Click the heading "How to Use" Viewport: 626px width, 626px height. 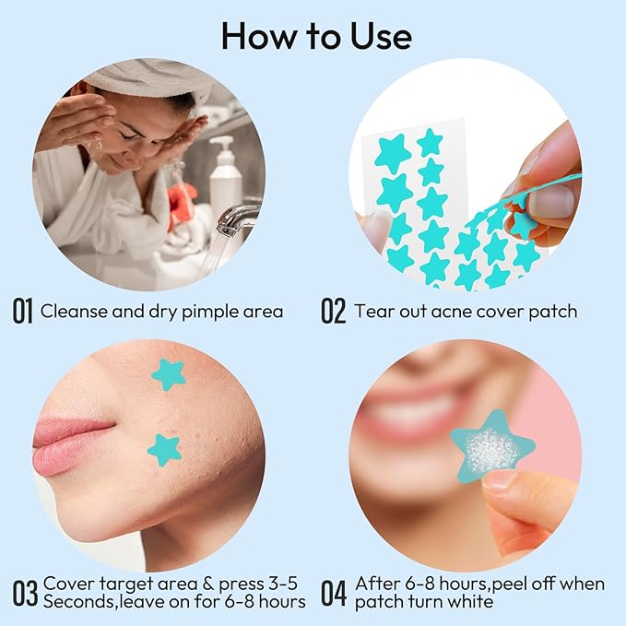pos(315,36)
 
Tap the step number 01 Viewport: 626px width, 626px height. pos(23,311)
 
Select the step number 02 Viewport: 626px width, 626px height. pos(333,311)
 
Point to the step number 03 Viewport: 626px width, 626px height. pos(24,592)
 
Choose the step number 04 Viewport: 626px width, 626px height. pos(333,592)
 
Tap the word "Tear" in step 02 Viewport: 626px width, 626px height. pos(373,311)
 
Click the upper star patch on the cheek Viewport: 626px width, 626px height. pos(169,374)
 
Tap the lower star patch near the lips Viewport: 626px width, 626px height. pos(163,450)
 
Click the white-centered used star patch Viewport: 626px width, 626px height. pos(491,449)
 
